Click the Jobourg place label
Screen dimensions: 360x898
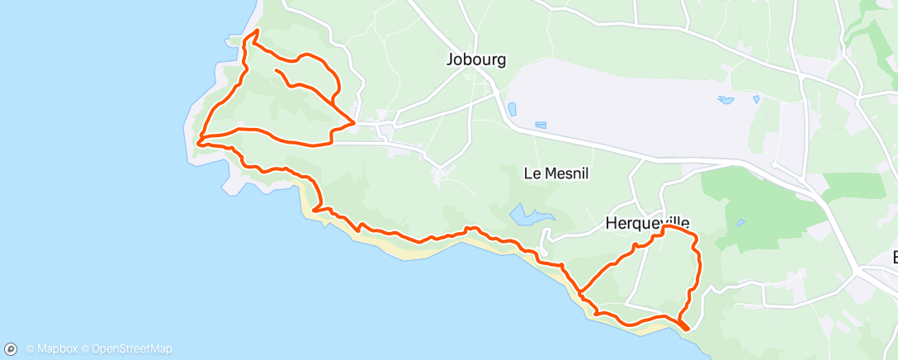[x=475, y=59]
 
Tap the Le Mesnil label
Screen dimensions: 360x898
[x=555, y=173]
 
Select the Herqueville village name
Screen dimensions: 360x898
[x=647, y=223]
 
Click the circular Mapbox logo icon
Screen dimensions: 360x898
[x=12, y=349]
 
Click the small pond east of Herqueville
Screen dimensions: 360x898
[x=740, y=223]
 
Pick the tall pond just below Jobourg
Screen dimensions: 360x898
[x=513, y=109]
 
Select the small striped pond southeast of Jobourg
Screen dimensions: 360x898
[x=541, y=126]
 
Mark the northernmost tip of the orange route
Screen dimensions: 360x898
[x=257, y=31]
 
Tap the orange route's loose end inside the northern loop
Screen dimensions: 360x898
[x=276, y=71]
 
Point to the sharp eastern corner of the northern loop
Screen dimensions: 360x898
[x=354, y=123]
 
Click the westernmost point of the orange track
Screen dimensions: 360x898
[x=199, y=142]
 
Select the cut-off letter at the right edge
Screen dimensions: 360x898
[x=894, y=258]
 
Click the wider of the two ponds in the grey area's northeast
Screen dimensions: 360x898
[x=725, y=100]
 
